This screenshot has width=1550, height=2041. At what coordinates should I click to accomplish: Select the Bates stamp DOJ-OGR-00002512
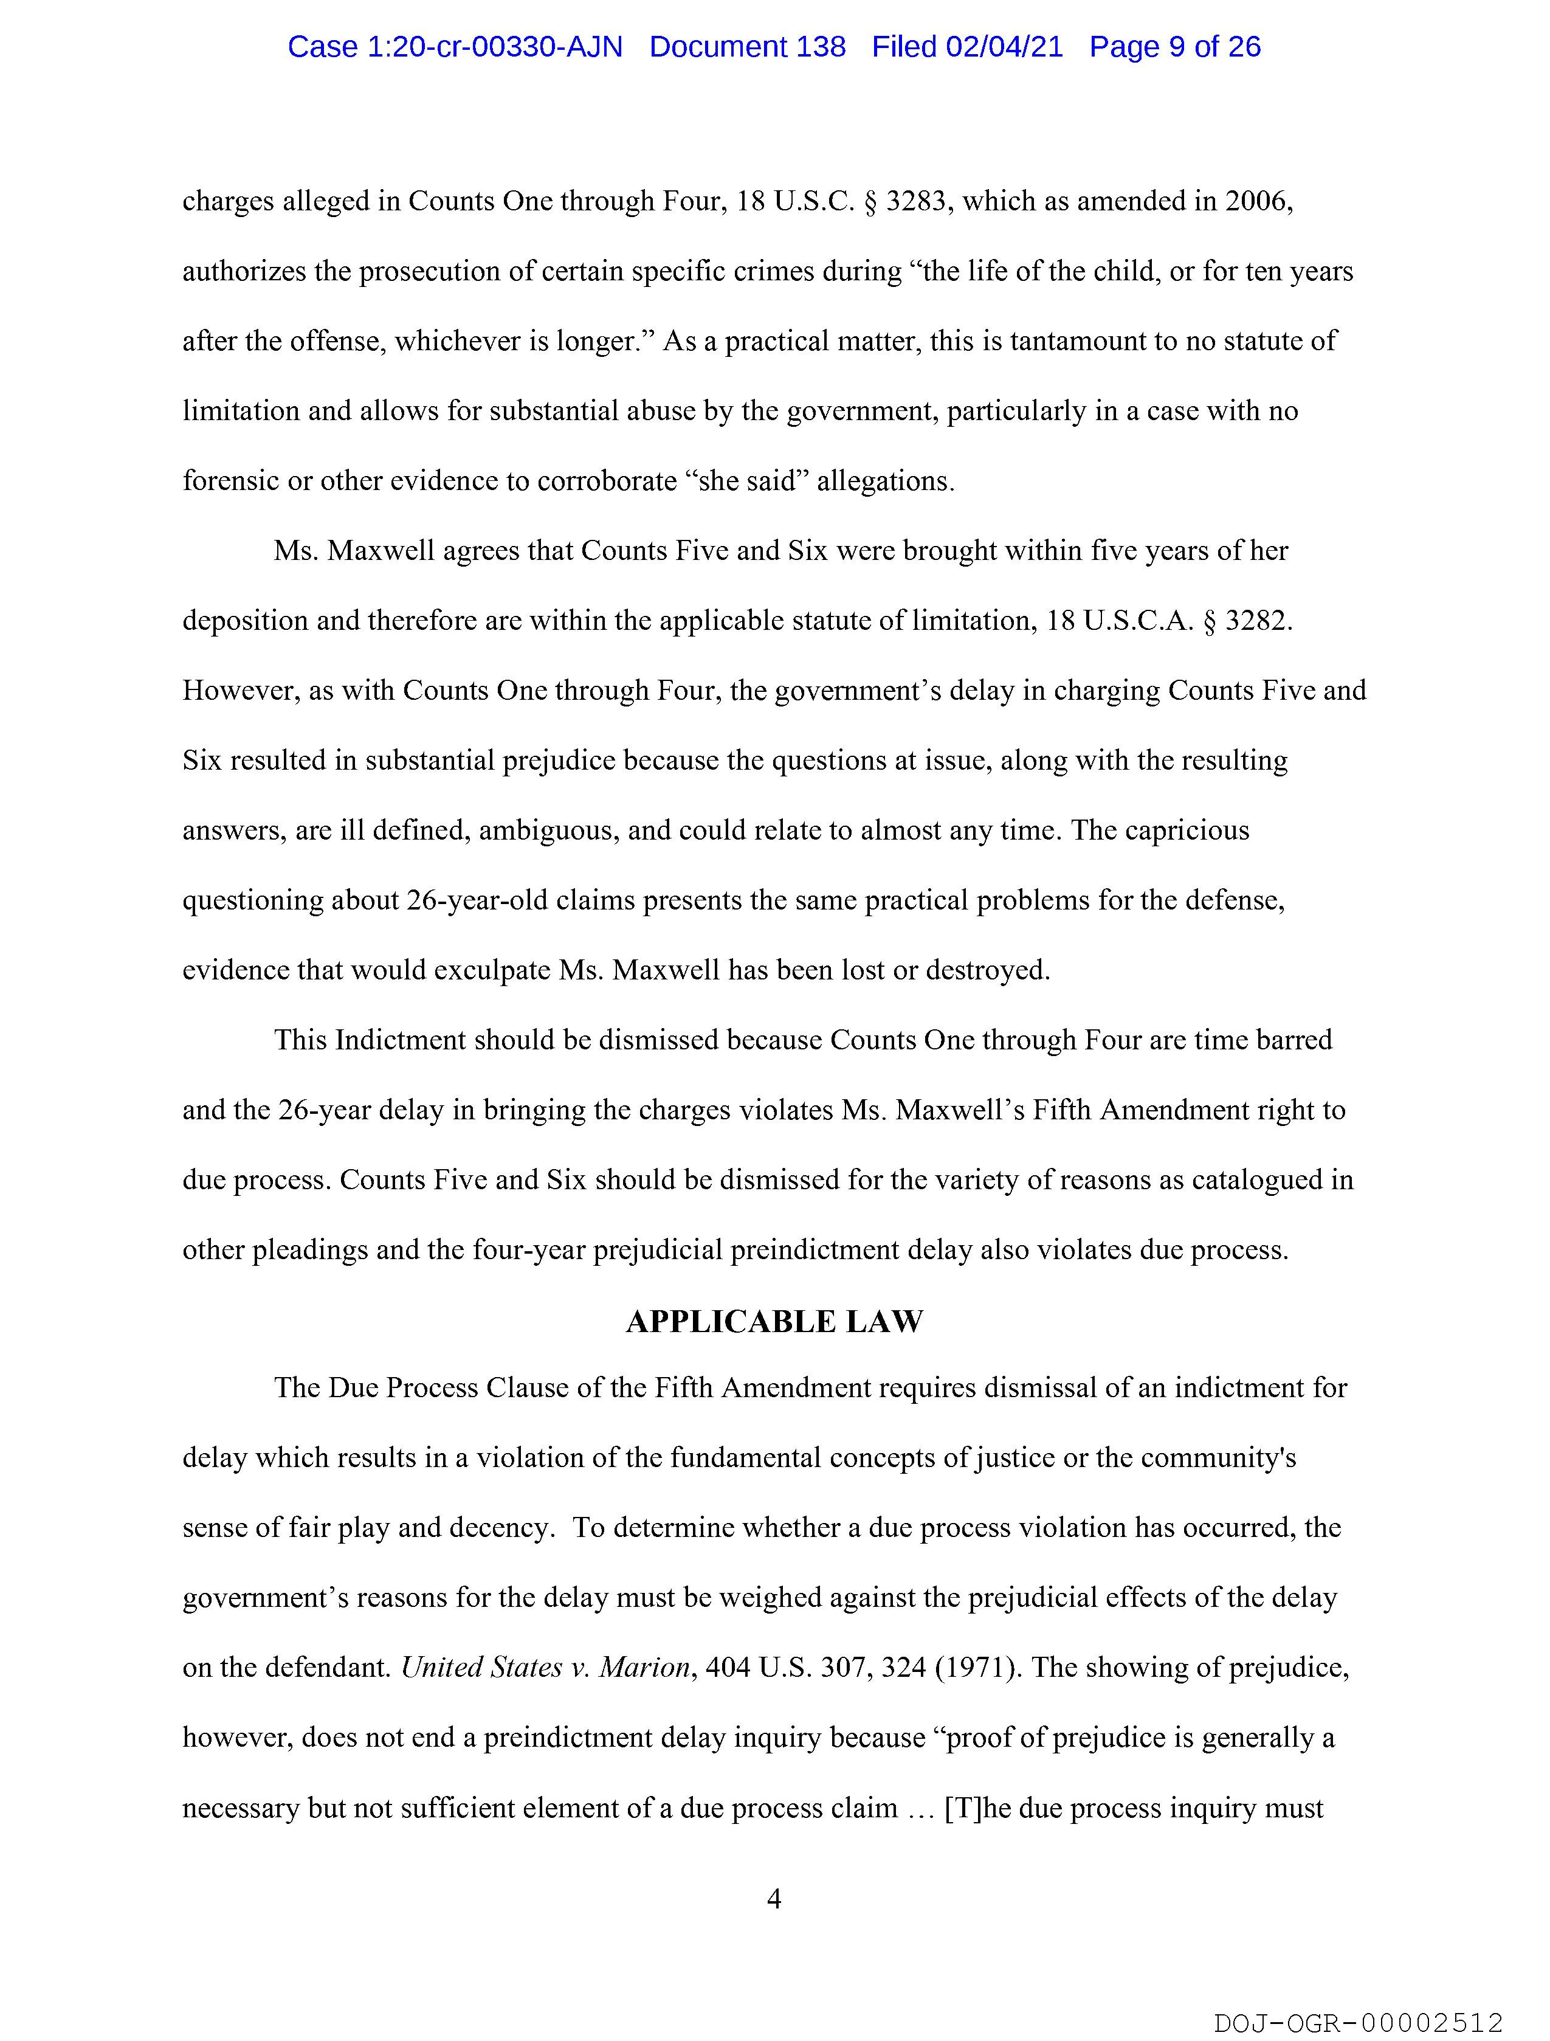coord(1358,2023)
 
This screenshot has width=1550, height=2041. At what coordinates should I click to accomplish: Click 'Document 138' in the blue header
coord(747,46)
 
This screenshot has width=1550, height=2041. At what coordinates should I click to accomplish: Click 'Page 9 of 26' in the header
coord(1174,46)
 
